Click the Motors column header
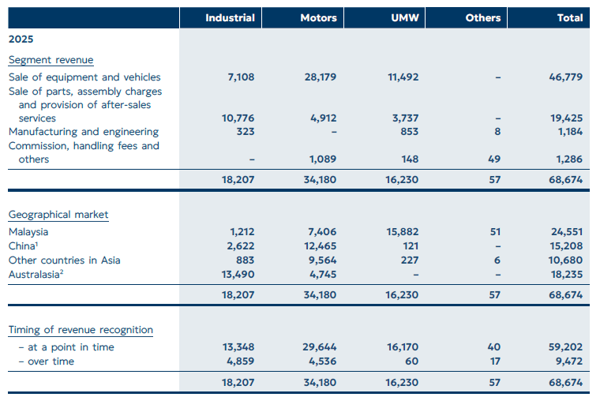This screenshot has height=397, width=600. [319, 17]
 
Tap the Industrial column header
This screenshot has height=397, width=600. [230, 17]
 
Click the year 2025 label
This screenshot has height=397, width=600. [21, 38]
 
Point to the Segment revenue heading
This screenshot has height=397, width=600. [51, 60]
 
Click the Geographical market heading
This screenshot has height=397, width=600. [58, 215]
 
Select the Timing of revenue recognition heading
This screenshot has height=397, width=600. [81, 330]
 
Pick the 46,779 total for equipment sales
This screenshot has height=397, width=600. [566, 77]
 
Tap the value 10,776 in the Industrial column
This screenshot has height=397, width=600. [238, 118]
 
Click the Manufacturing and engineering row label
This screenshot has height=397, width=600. [84, 132]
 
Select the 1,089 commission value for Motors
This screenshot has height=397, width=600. [324, 159]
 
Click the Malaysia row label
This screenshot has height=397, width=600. [28, 232]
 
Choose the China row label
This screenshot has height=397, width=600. [24, 246]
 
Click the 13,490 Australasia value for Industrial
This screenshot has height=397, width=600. [238, 274]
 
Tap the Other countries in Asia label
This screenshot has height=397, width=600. [65, 260]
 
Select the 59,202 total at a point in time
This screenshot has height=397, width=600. [566, 347]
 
